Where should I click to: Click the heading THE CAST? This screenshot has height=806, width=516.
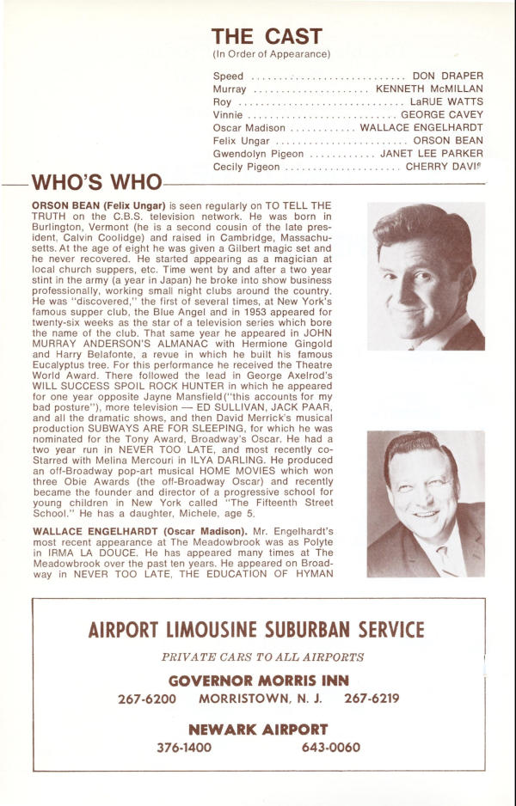[x=267, y=36]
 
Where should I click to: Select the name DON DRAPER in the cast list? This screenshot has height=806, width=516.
[x=448, y=76]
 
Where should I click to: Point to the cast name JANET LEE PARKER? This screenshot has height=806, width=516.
[x=433, y=153]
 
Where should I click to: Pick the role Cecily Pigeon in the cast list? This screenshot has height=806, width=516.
[x=246, y=166]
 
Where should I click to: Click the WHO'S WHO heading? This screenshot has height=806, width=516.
[x=96, y=183]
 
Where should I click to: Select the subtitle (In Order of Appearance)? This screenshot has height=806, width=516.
[x=271, y=54]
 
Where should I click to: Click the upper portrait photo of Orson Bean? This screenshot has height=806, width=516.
[x=426, y=276]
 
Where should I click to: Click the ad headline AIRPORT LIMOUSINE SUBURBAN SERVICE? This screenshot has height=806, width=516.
[x=256, y=630]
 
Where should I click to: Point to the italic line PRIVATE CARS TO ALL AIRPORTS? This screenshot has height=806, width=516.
[x=262, y=657]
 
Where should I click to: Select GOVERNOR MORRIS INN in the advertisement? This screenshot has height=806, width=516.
[x=257, y=681]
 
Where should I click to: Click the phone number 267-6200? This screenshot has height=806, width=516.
[x=146, y=699]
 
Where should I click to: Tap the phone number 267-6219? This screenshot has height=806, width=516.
[x=372, y=699]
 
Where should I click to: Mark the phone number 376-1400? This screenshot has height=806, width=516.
[x=183, y=748]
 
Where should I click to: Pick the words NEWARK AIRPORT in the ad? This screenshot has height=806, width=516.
[x=257, y=730]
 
